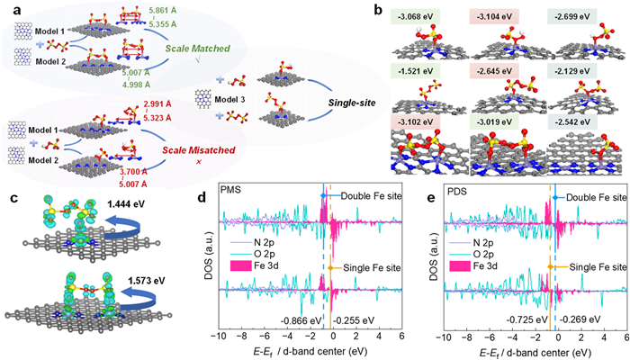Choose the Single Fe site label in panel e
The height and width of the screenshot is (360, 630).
[x=591, y=267]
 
